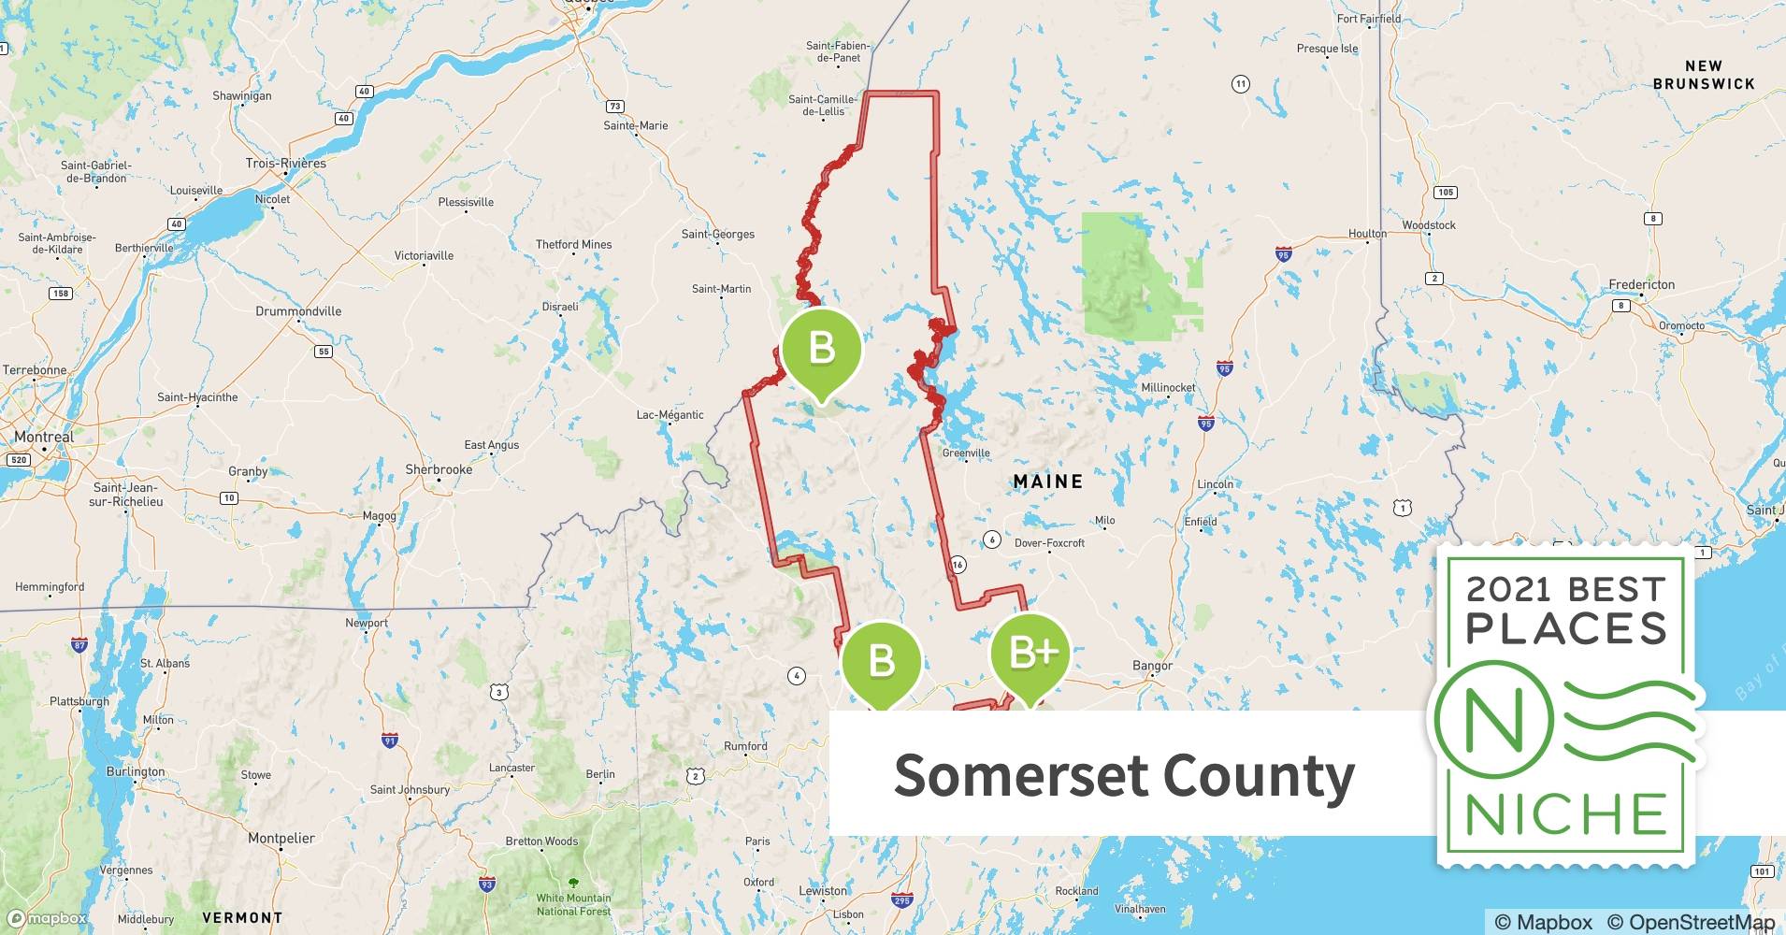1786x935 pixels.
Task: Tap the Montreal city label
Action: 43,437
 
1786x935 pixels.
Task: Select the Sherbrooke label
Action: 439,469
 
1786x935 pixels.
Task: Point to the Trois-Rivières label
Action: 286,163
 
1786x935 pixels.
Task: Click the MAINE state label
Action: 1048,482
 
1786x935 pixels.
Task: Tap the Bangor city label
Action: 1152,666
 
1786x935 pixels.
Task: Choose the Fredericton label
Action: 1641,284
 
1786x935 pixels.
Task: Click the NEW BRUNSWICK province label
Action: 1704,75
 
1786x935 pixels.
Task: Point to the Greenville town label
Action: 966,453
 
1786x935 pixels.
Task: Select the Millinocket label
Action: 1168,387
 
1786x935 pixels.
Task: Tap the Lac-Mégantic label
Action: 670,415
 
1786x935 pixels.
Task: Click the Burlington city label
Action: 136,772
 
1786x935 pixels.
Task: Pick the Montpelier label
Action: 281,838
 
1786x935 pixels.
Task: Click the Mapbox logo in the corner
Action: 47,918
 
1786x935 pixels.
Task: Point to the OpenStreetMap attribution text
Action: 1690,922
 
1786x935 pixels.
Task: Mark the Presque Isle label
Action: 1327,49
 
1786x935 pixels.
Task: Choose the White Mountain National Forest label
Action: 573,904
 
